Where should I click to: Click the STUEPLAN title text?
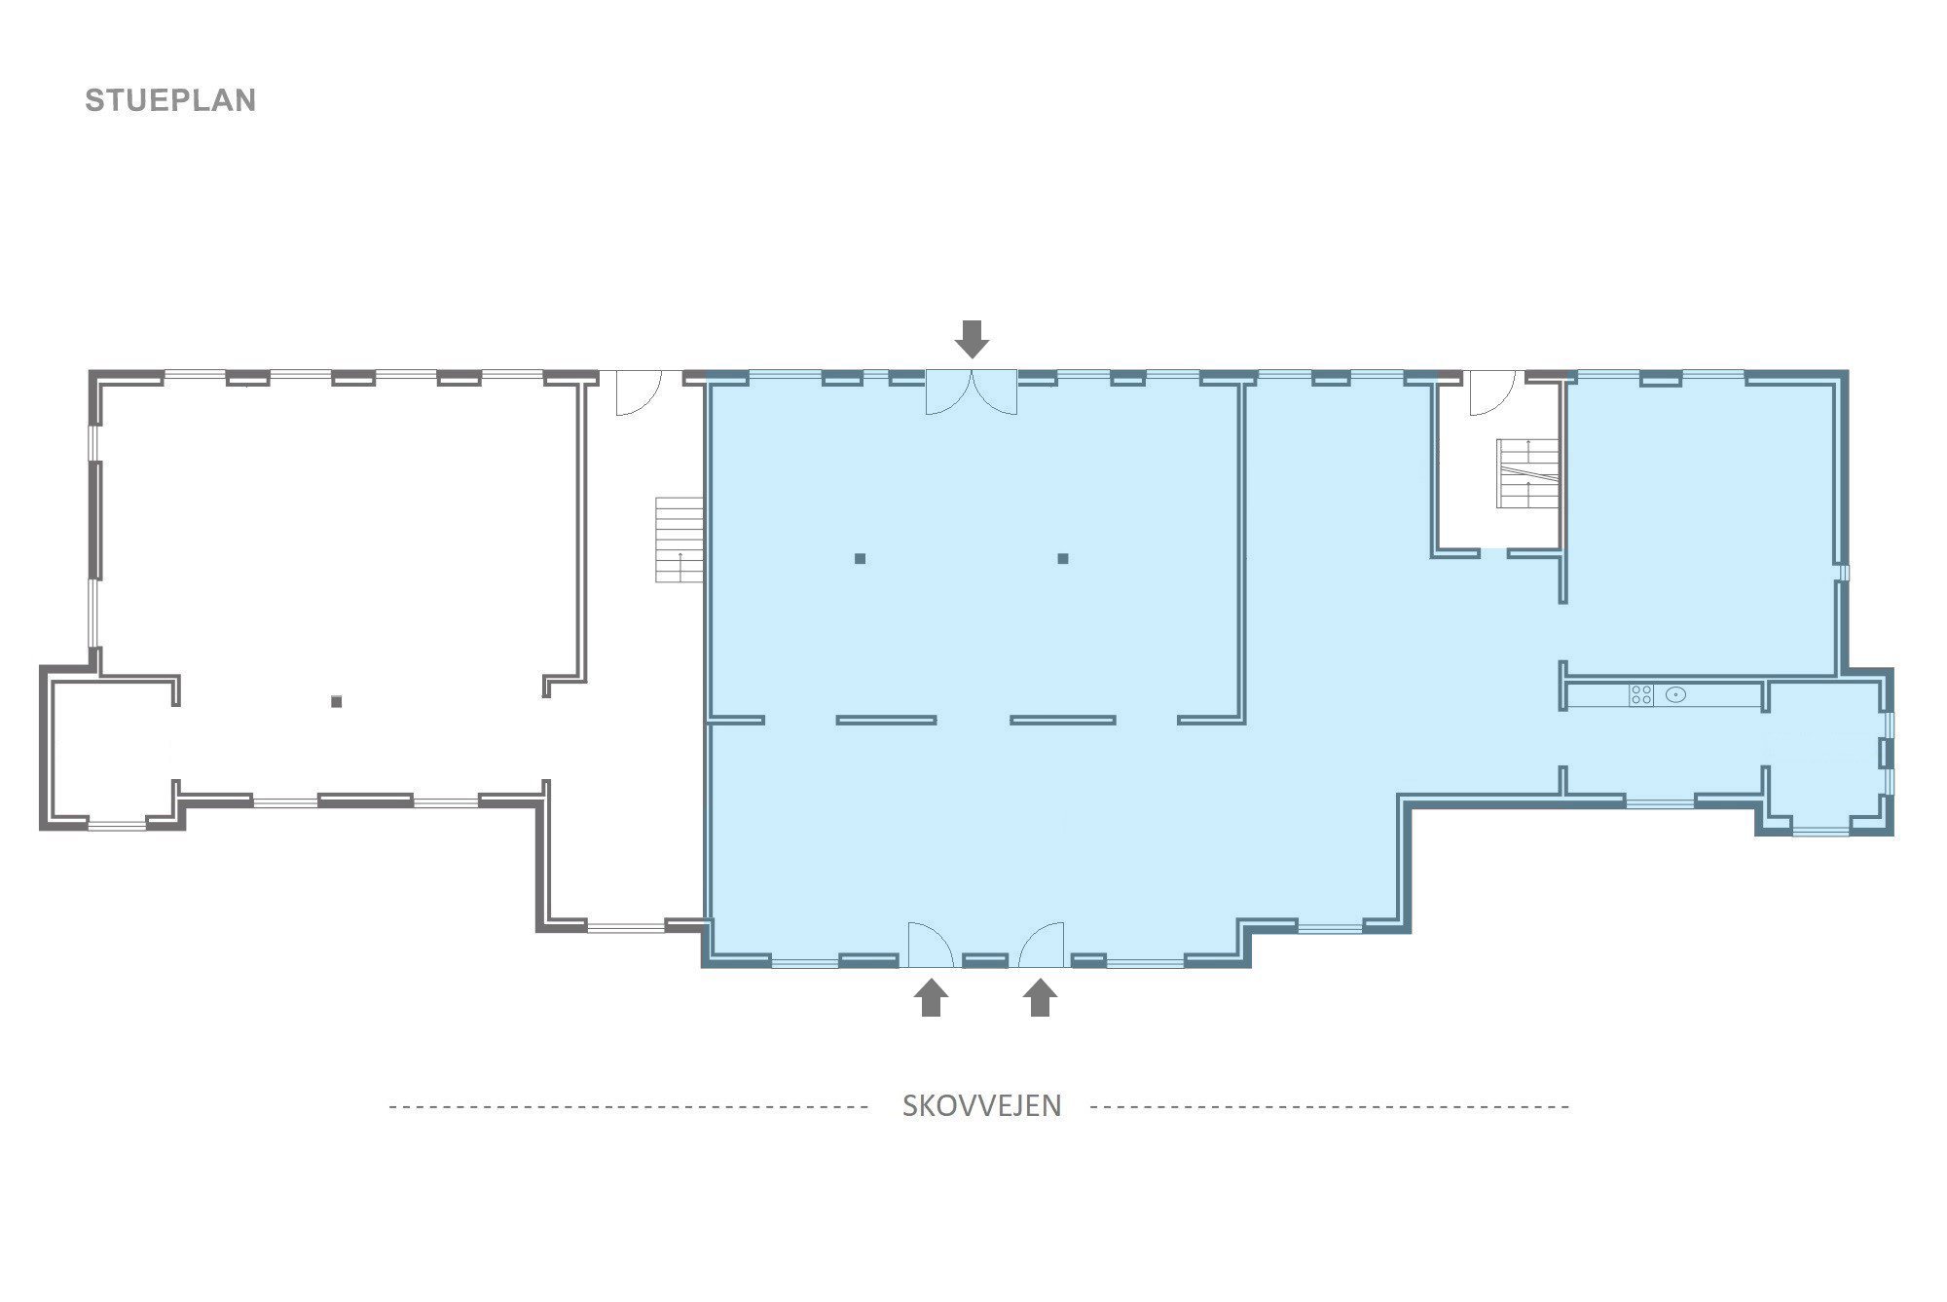170,100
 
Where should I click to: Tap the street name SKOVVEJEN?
981,1106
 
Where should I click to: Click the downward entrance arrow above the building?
972,338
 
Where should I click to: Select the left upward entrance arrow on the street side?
932,997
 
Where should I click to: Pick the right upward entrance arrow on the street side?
1041,997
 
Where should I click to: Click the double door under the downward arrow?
972,392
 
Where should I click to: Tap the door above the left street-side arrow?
930,944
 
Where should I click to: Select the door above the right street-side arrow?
1042,944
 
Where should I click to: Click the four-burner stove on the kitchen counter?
1641,694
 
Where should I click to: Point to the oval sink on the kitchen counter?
1675,694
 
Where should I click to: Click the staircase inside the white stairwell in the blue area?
1527,473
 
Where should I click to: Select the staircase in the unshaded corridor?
679,539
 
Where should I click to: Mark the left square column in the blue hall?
860,559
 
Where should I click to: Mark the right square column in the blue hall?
1063,559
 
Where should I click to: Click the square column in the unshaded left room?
337,701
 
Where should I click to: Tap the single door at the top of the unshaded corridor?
639,392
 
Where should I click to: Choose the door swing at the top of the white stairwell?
1492,392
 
